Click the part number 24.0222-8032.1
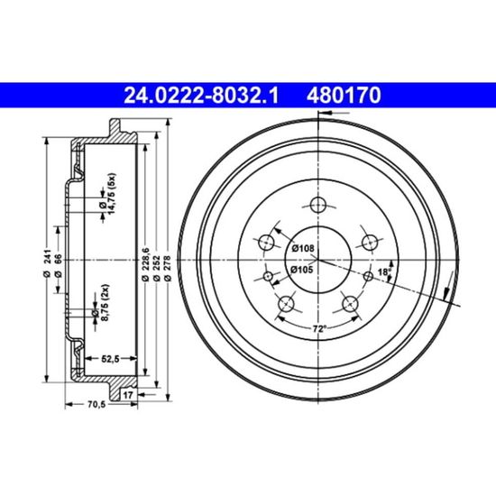tap(201, 96)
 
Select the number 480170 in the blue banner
tap(344, 96)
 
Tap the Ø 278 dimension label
tap(168, 268)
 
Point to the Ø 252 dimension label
tap(156, 268)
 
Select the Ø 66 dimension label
tap(59, 266)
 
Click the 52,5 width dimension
tap(110, 359)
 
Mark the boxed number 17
tap(128, 395)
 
